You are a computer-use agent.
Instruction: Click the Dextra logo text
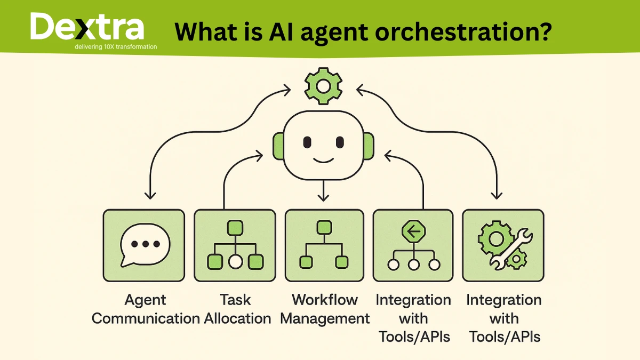click(x=86, y=28)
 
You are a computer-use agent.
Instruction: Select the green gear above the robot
click(x=323, y=84)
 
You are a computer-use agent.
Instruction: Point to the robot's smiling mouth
click(x=323, y=160)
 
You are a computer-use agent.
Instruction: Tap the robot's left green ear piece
click(x=278, y=145)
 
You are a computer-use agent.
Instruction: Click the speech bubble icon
click(x=145, y=245)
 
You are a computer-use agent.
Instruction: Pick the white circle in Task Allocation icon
click(x=235, y=262)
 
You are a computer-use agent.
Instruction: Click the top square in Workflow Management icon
click(x=324, y=228)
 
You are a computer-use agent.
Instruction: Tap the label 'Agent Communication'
click(x=146, y=309)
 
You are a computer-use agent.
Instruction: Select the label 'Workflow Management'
click(x=325, y=309)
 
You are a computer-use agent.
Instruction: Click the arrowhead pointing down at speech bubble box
click(x=151, y=196)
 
